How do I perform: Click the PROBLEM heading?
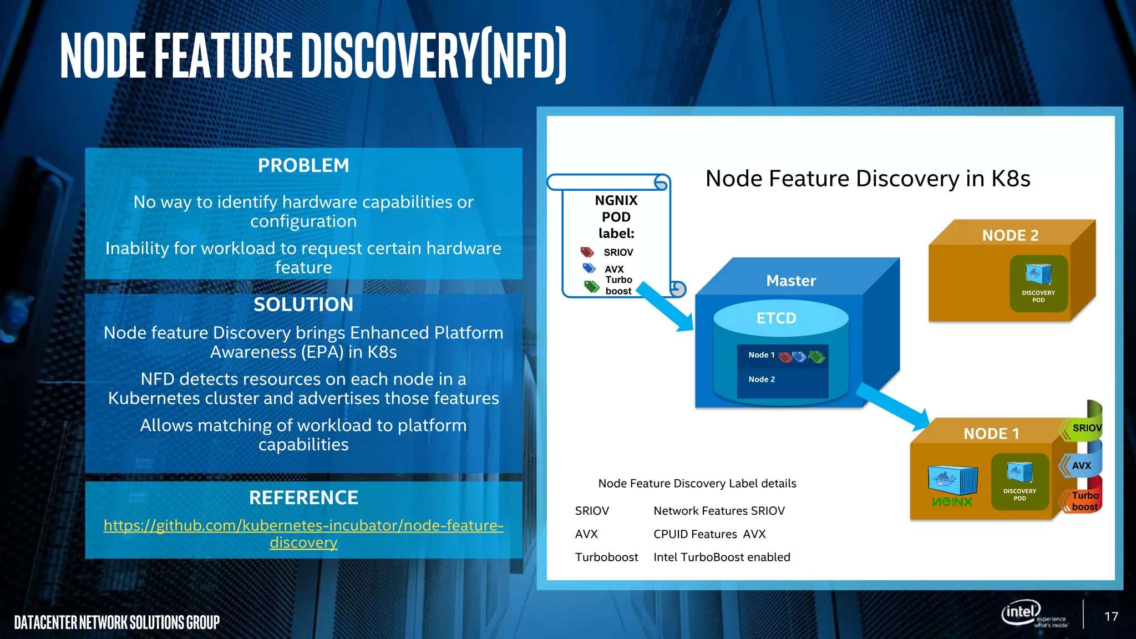click(303, 165)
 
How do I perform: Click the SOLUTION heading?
click(303, 305)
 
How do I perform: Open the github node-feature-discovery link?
click(303, 533)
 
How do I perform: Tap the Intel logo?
click(1021, 612)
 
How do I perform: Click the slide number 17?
click(1110, 617)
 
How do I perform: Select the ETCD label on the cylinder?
click(776, 318)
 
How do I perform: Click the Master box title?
click(790, 281)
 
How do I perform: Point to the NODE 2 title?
click(1010, 235)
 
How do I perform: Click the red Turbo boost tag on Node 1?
click(1083, 500)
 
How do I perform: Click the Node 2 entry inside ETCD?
click(762, 379)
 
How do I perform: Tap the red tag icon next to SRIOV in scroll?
click(587, 252)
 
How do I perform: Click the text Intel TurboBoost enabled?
click(722, 557)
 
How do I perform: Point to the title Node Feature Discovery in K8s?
click(868, 179)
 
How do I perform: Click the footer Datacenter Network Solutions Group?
click(117, 622)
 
